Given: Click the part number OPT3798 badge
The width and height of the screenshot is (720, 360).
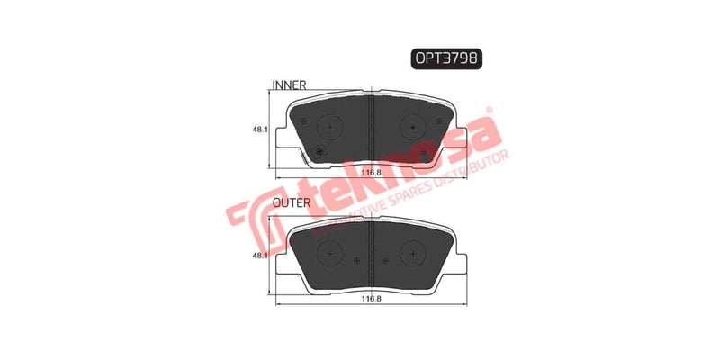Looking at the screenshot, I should tap(446, 58).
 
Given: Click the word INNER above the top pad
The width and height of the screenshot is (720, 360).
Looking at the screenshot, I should tap(289, 85).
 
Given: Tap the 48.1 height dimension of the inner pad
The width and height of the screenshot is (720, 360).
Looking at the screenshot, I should tap(259, 130).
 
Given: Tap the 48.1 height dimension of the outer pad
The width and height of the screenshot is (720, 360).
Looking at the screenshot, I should tap(259, 256).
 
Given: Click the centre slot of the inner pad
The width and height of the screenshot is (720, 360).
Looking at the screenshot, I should tap(373, 126).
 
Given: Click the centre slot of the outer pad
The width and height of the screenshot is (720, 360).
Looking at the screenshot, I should tap(373, 251).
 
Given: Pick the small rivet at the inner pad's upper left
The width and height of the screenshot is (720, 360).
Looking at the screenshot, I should tap(303, 121).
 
